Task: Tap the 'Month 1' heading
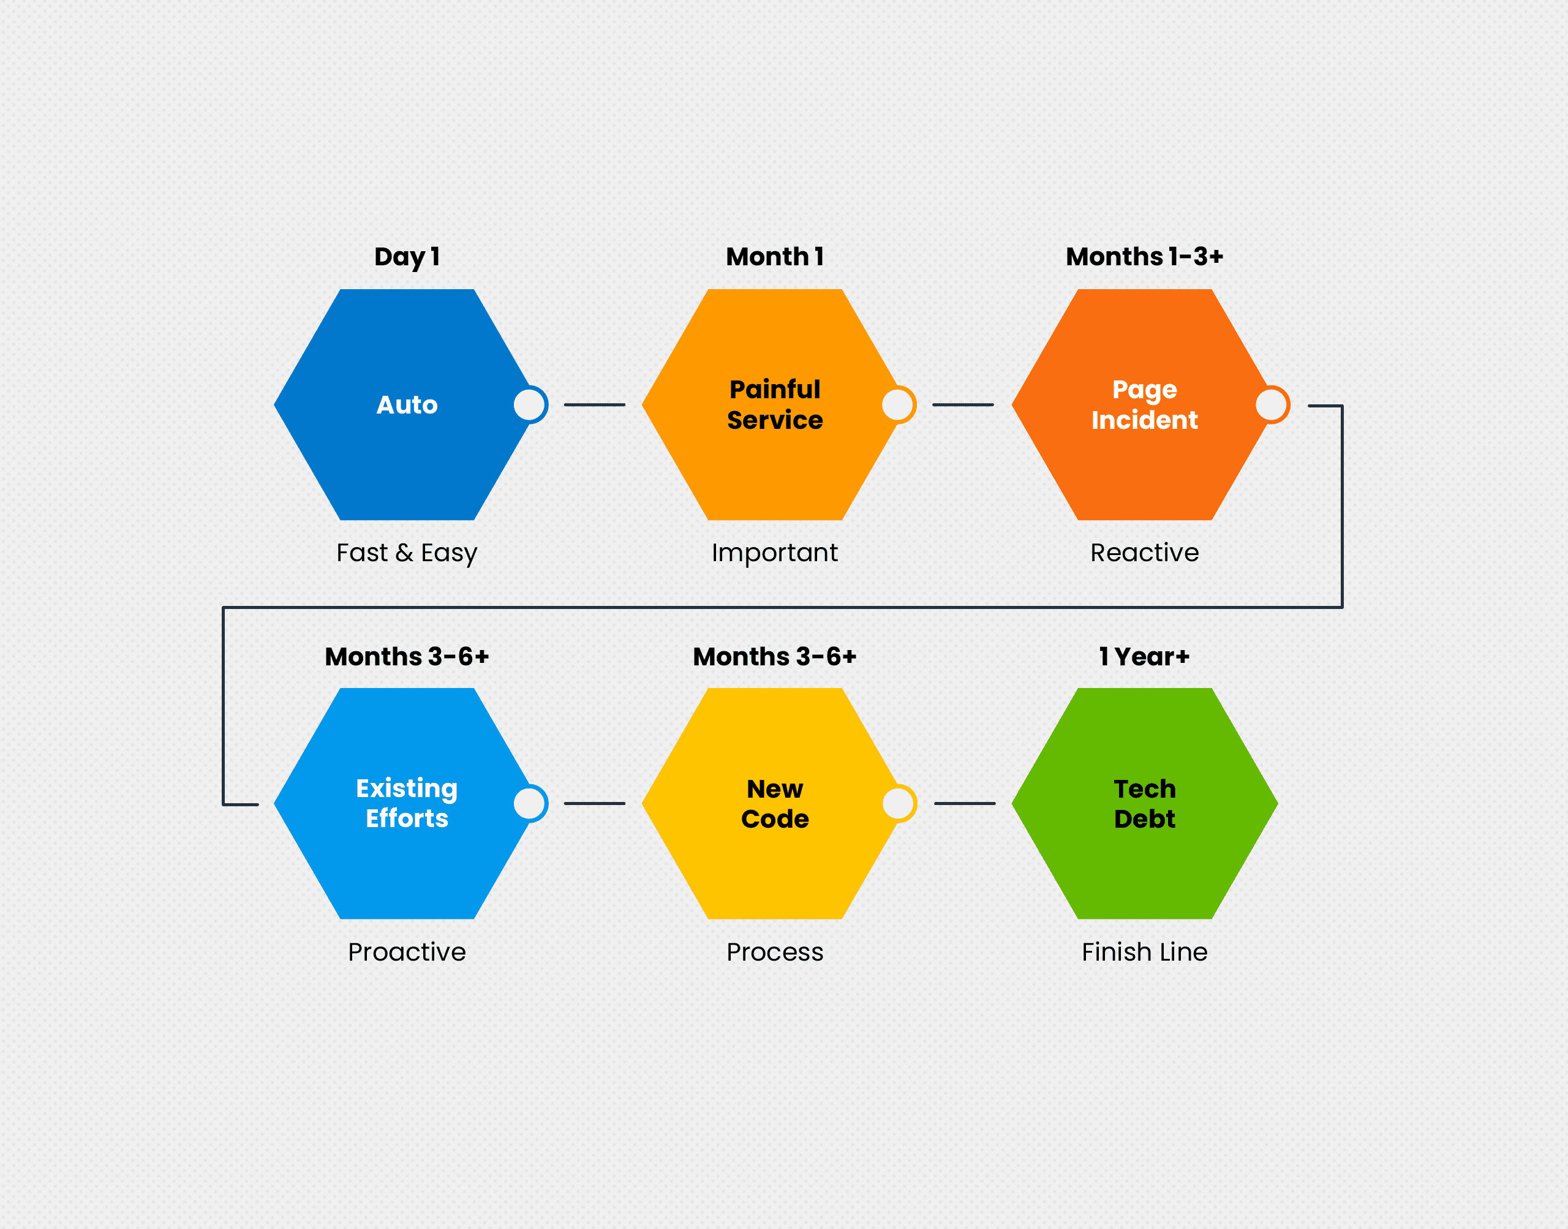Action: tap(775, 257)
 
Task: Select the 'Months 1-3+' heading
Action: tap(1144, 257)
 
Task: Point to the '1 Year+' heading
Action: tap(1144, 656)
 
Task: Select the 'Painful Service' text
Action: tap(775, 404)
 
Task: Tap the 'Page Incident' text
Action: tap(1144, 404)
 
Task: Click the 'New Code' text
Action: tap(775, 804)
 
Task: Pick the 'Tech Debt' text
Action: tap(1144, 804)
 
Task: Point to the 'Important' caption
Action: tap(775, 553)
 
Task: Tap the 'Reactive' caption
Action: tap(1144, 553)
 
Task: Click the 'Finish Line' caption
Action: tap(1144, 952)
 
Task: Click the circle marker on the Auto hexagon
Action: tap(530, 404)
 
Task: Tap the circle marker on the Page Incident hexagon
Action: tap(1272, 404)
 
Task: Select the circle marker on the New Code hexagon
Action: tap(899, 803)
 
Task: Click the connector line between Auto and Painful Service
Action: tap(594, 404)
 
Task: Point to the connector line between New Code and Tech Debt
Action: tap(965, 803)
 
